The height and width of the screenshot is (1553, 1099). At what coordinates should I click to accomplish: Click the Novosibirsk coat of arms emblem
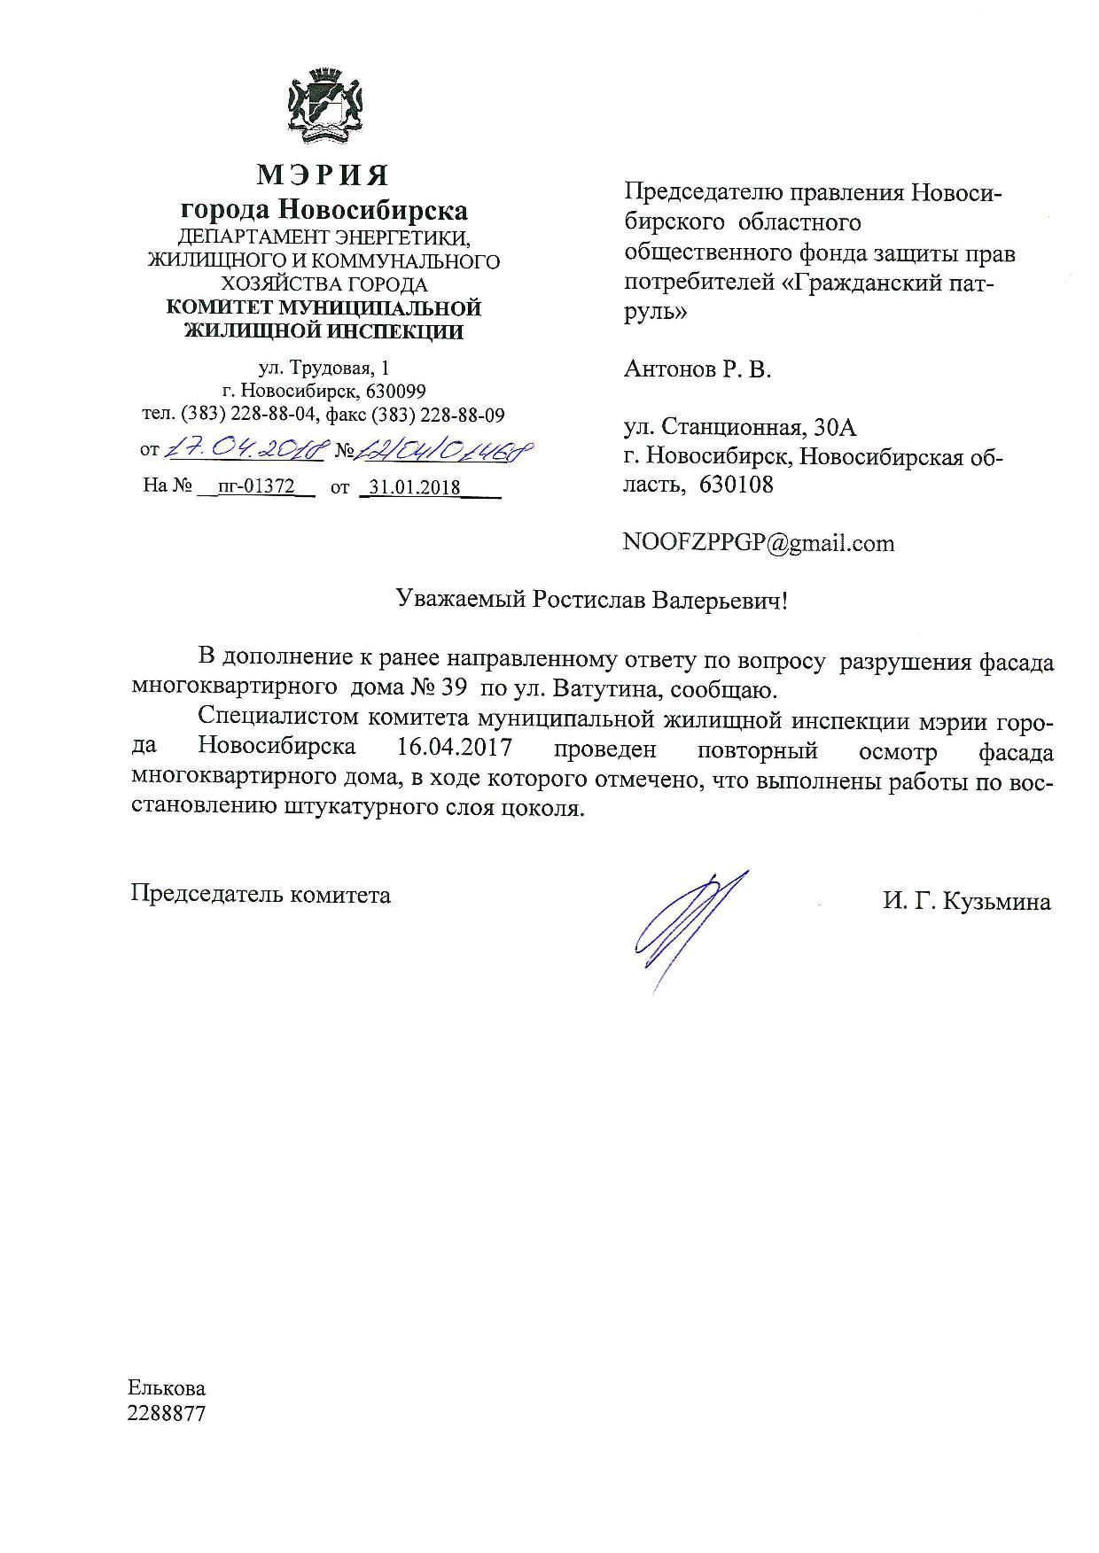click(x=322, y=106)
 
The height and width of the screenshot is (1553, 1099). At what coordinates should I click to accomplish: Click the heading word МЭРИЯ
click(x=323, y=175)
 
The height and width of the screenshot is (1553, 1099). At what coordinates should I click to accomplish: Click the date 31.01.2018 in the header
click(x=416, y=486)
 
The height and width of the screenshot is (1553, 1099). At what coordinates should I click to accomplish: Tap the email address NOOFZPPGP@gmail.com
click(x=759, y=542)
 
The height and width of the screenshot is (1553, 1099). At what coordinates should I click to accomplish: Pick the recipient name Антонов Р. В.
click(x=698, y=369)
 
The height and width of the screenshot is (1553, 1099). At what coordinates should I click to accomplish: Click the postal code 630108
click(x=737, y=485)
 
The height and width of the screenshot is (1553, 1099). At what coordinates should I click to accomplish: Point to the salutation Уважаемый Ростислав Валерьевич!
click(x=591, y=601)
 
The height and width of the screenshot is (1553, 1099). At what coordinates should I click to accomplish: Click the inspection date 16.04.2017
click(x=455, y=747)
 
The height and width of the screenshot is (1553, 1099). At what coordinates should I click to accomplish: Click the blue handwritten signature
click(x=683, y=926)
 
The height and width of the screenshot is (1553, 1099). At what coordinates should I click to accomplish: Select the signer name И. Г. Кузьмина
click(x=966, y=902)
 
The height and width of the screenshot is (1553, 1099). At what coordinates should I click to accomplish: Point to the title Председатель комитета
click(x=261, y=894)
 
